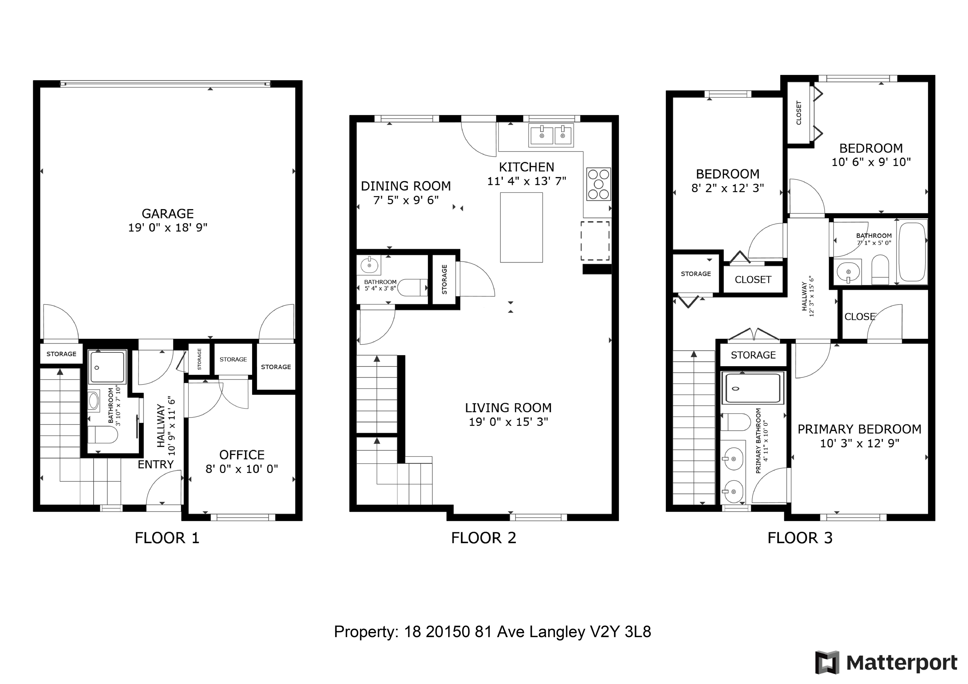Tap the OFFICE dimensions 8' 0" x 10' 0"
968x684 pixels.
tap(242, 469)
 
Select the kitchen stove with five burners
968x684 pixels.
tap(599, 184)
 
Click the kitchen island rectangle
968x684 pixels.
tap(521, 228)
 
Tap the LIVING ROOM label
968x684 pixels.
tap(508, 408)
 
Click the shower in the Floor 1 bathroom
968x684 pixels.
tap(107, 368)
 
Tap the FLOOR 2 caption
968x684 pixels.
tap(484, 538)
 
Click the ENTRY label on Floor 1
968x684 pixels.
tap(156, 465)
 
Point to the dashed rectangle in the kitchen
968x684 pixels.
tap(595, 241)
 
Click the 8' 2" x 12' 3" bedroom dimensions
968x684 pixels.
tap(728, 188)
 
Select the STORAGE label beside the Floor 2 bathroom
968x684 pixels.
tap(444, 279)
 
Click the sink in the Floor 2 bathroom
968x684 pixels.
tap(370, 265)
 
